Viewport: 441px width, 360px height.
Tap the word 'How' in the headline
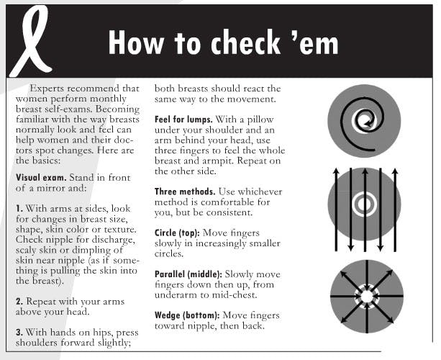click(x=137, y=43)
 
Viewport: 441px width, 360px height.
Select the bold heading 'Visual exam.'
click(x=44, y=175)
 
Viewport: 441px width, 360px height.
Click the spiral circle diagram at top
click(x=363, y=121)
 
